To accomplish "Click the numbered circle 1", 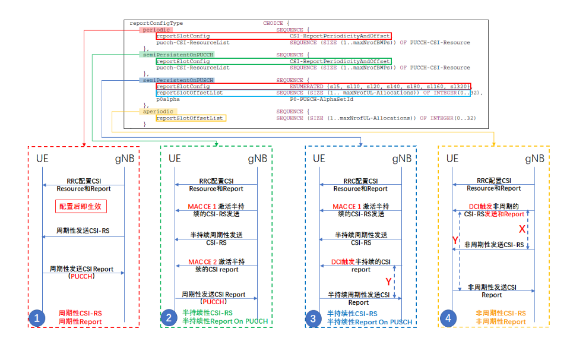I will click(37, 318).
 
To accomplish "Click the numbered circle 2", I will click(169, 318).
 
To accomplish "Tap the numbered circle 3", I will click(314, 318).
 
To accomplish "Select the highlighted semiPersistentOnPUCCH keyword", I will click(176, 55).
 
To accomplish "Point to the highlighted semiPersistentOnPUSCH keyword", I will click(176, 80).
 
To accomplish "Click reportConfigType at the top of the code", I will click(156, 23).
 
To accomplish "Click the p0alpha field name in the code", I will click(168, 99).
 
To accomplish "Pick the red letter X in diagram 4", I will click(522, 229).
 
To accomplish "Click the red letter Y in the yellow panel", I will click(455, 240).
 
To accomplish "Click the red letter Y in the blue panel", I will click(389, 280).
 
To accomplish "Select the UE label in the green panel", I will click(175, 159).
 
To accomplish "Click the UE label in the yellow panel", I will click(452, 159).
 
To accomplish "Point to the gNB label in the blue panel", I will click(401, 159).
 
